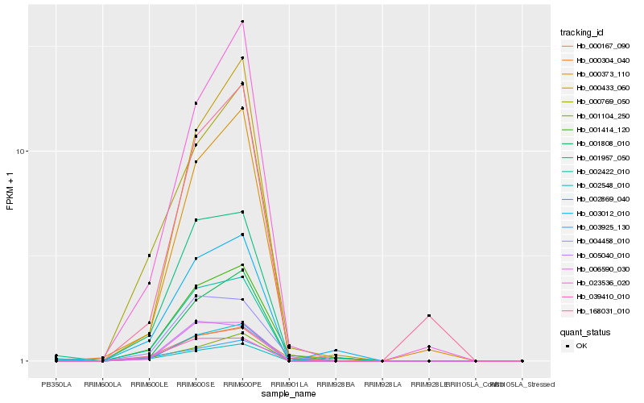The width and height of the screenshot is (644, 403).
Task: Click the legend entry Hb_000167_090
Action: [603, 46]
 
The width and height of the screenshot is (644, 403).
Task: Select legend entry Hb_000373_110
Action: [603, 74]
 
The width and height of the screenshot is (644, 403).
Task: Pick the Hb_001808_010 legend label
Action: [603, 143]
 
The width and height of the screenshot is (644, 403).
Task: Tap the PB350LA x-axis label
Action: [56, 384]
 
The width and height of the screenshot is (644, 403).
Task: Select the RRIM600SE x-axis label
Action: [196, 384]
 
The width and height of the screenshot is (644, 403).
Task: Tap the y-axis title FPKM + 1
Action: [10, 190]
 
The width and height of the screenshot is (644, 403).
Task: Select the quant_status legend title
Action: [585, 331]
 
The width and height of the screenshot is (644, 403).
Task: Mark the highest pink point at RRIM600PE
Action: [243, 22]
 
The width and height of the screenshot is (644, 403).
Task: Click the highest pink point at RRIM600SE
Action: [196, 103]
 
